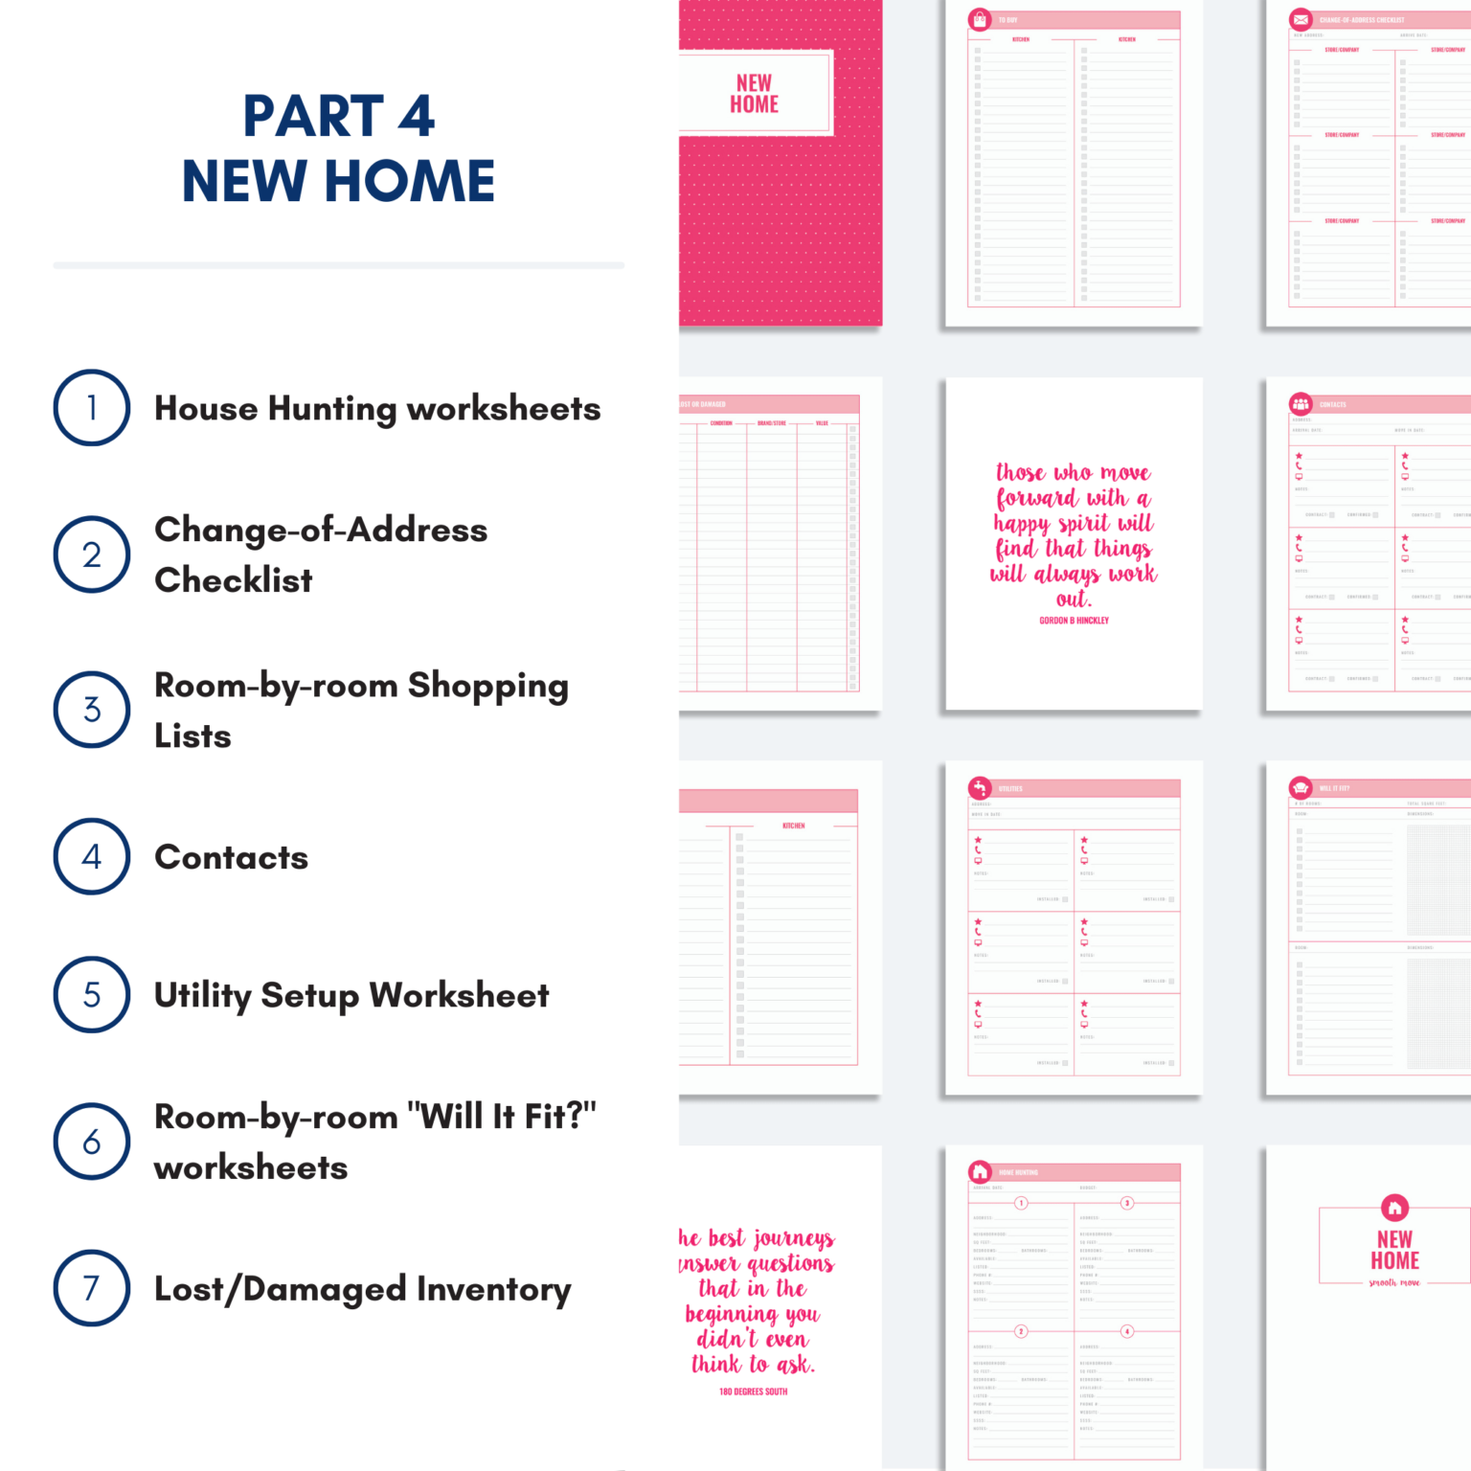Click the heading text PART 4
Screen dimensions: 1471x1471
click(x=339, y=117)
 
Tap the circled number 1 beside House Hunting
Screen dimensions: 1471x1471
click(x=92, y=408)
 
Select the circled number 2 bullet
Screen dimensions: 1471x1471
click(x=92, y=554)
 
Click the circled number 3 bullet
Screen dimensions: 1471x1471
click(x=92, y=710)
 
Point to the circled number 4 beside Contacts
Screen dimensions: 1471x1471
click(x=92, y=856)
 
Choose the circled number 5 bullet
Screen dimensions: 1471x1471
click(x=92, y=994)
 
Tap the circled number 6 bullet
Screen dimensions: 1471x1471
click(x=92, y=1142)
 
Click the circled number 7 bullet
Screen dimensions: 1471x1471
click(x=92, y=1288)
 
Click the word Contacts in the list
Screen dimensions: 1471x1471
click(x=232, y=857)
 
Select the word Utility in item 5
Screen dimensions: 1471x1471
click(x=202, y=995)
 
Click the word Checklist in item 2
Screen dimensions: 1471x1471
click(x=234, y=580)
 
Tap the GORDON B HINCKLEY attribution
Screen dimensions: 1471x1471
click(x=1074, y=621)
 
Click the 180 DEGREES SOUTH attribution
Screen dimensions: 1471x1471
click(x=753, y=1392)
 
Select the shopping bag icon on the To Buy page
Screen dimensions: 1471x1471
click(x=980, y=19)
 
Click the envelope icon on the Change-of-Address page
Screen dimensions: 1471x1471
click(x=1301, y=19)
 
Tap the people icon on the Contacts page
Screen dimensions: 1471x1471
click(x=1301, y=404)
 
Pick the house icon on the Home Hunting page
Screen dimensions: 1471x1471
click(x=980, y=1172)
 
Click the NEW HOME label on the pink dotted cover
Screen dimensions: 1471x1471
click(x=755, y=94)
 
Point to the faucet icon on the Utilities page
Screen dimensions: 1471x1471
click(x=980, y=788)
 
